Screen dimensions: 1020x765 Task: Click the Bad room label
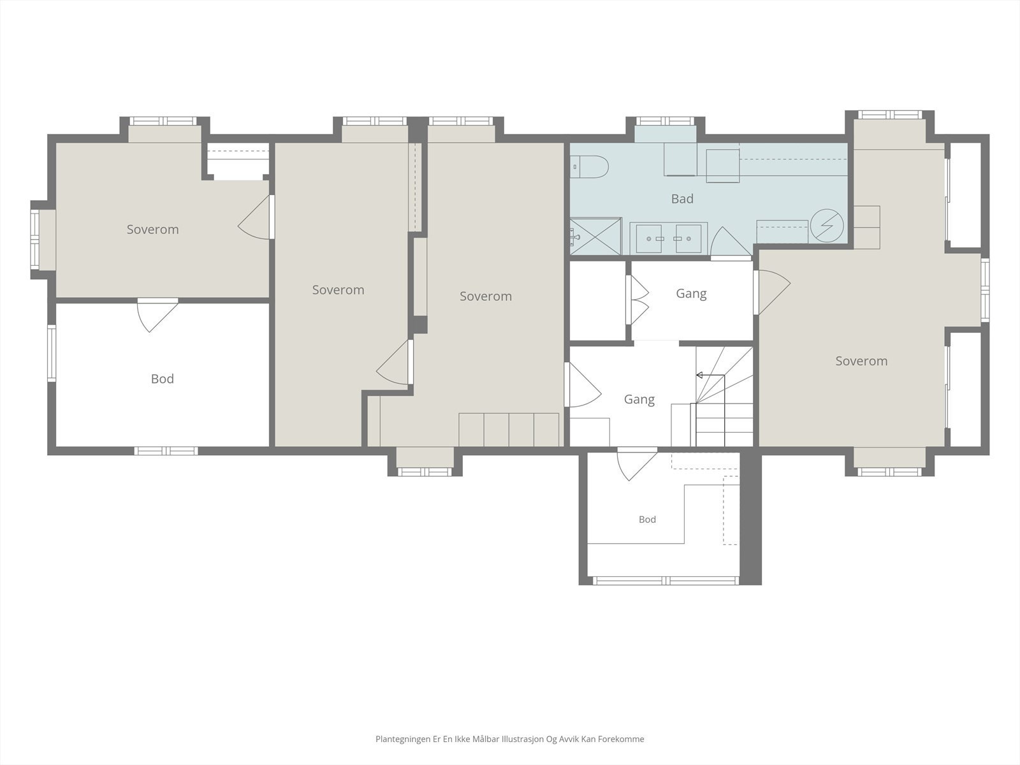[682, 199]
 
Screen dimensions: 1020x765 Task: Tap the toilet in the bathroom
[589, 167]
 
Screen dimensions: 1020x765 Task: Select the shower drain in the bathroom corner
[576, 237]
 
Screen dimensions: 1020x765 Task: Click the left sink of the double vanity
[648, 238]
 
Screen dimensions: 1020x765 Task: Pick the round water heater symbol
[827, 226]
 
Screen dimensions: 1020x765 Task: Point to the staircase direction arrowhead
[699, 375]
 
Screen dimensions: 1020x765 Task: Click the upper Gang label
[692, 293]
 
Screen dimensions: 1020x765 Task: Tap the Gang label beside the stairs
[639, 400]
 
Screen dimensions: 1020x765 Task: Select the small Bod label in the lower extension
[647, 520]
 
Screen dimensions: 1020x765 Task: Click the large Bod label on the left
[163, 379]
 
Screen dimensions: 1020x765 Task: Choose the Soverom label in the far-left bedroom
[153, 229]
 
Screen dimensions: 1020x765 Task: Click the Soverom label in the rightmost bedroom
[861, 361]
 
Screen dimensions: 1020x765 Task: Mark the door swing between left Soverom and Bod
[157, 316]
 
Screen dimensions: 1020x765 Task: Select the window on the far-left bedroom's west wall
[35, 239]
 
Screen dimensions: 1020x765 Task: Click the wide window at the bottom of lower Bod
[666, 581]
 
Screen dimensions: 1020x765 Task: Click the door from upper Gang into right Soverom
[772, 293]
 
